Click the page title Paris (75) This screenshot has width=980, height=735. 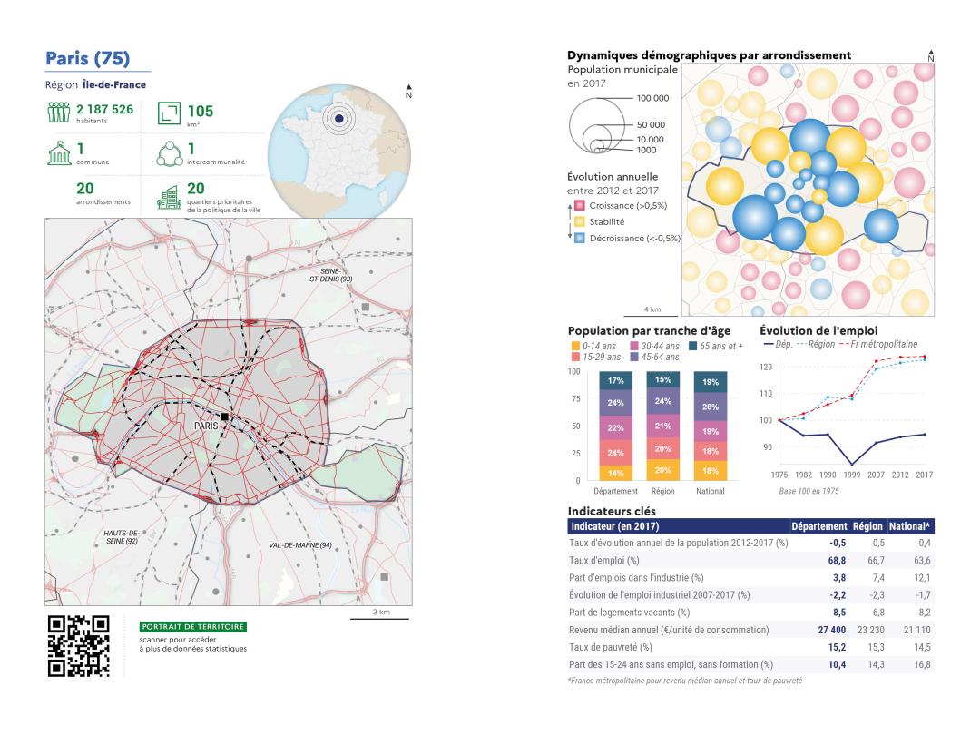87,59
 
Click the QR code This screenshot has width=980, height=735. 78,646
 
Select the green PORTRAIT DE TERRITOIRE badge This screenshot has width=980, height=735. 193,626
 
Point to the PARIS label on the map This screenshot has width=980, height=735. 205,424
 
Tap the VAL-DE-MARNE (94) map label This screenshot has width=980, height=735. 300,544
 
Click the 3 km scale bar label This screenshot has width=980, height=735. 381,612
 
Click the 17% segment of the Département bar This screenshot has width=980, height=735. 616,381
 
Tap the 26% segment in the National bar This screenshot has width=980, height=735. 710,407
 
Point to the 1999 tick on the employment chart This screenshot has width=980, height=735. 851,475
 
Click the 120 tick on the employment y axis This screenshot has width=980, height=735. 765,367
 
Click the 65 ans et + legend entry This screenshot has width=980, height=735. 716,346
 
